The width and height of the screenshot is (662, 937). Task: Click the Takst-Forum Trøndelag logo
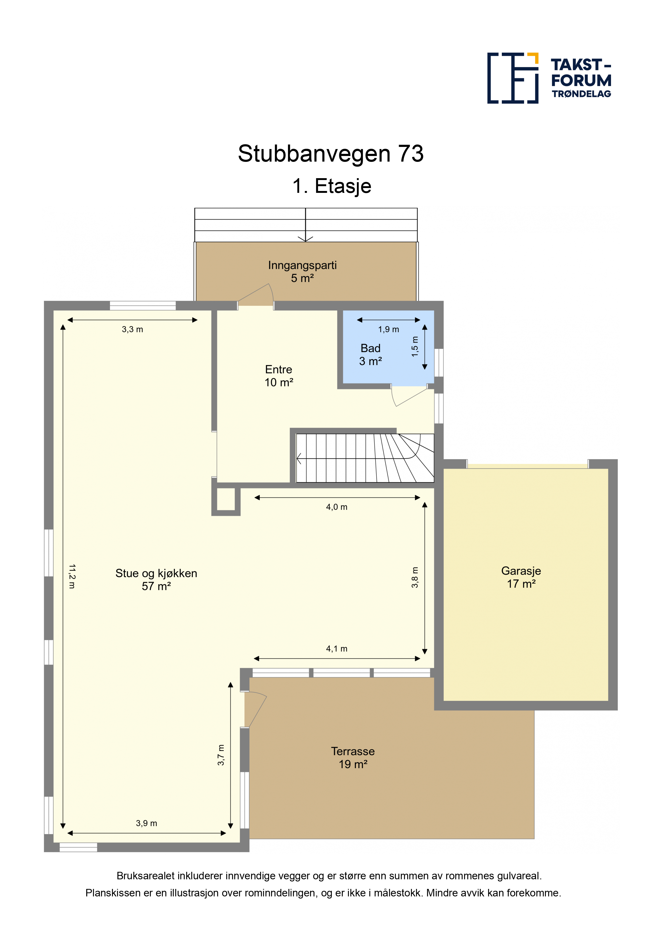pos(549,78)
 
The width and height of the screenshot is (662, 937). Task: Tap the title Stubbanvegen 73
pos(331,154)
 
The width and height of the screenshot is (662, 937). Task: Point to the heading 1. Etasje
pos(332,186)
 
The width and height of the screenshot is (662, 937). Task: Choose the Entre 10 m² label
pos(279,376)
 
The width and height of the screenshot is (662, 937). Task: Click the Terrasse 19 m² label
pos(353,758)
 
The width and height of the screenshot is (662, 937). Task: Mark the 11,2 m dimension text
pos(72,576)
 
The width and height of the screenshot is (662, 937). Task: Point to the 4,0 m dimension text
pos(337,507)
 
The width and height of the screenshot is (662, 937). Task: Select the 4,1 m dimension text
pos(337,649)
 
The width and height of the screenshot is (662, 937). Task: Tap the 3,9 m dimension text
pos(147,823)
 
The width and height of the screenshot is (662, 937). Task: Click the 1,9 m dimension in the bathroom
pos(388,329)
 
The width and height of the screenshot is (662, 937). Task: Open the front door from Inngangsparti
pos(256,295)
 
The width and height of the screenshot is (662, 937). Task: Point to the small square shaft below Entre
pos(226,499)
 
